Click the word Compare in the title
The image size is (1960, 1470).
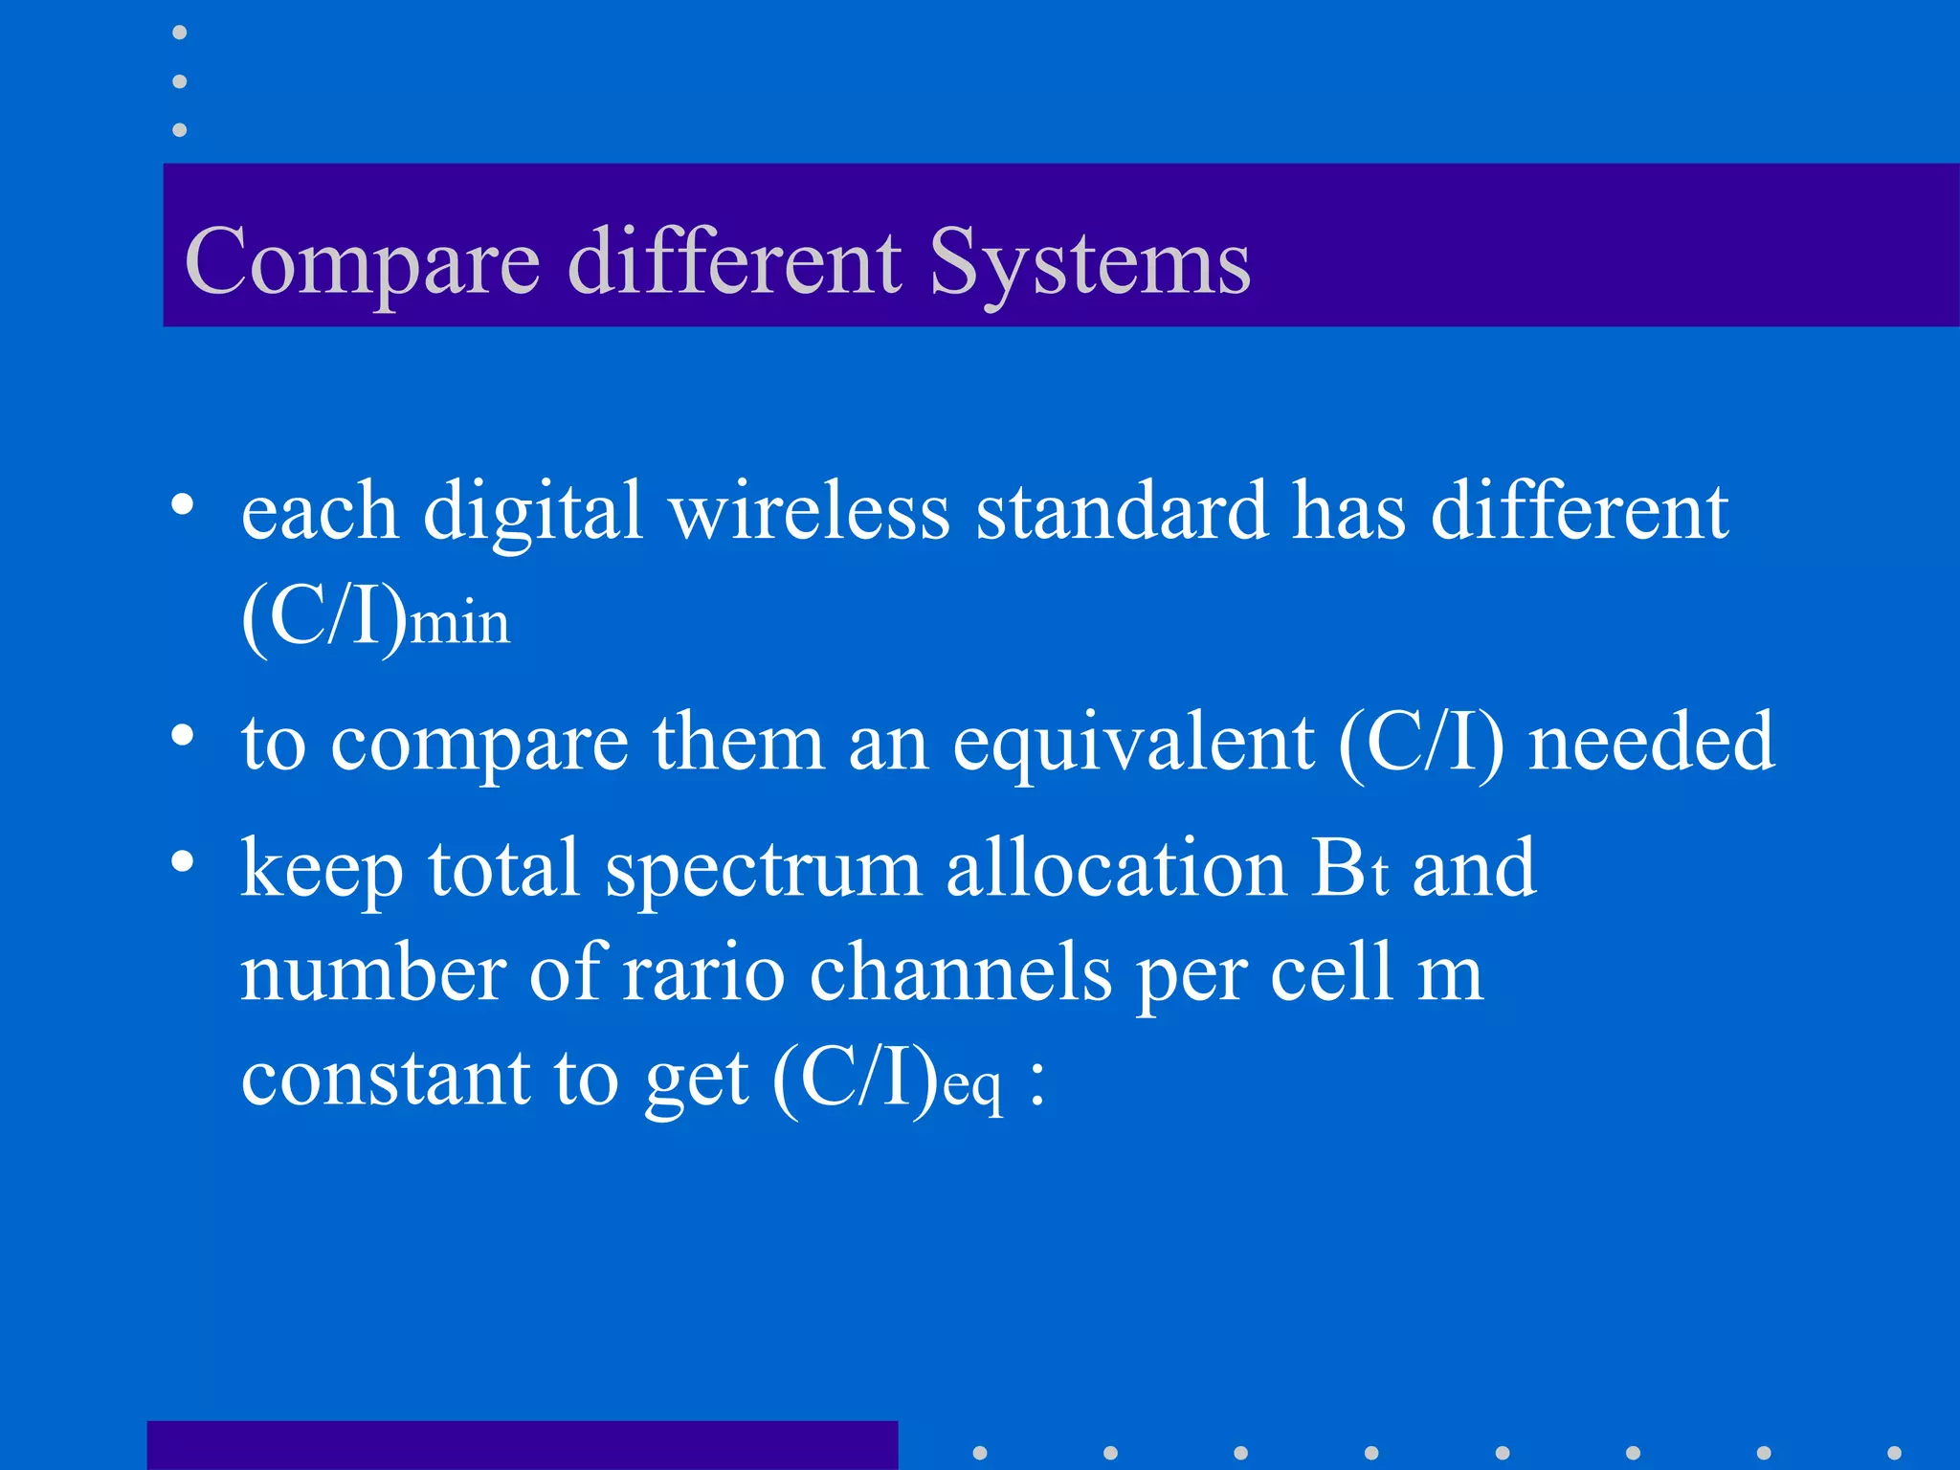[363, 262]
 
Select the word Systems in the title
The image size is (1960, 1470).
[1089, 262]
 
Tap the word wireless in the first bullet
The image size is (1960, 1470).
[810, 512]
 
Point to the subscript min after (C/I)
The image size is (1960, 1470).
[459, 623]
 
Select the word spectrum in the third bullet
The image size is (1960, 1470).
[763, 869]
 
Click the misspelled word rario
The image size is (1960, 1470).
[703, 973]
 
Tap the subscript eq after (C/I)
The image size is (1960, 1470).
[973, 1086]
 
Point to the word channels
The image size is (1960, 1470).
[960, 973]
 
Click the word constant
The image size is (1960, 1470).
[384, 1079]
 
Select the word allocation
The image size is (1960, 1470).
[1116, 869]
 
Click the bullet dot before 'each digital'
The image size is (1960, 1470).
[182, 504]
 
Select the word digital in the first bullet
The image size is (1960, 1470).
[532, 512]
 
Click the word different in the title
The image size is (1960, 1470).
[734, 262]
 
